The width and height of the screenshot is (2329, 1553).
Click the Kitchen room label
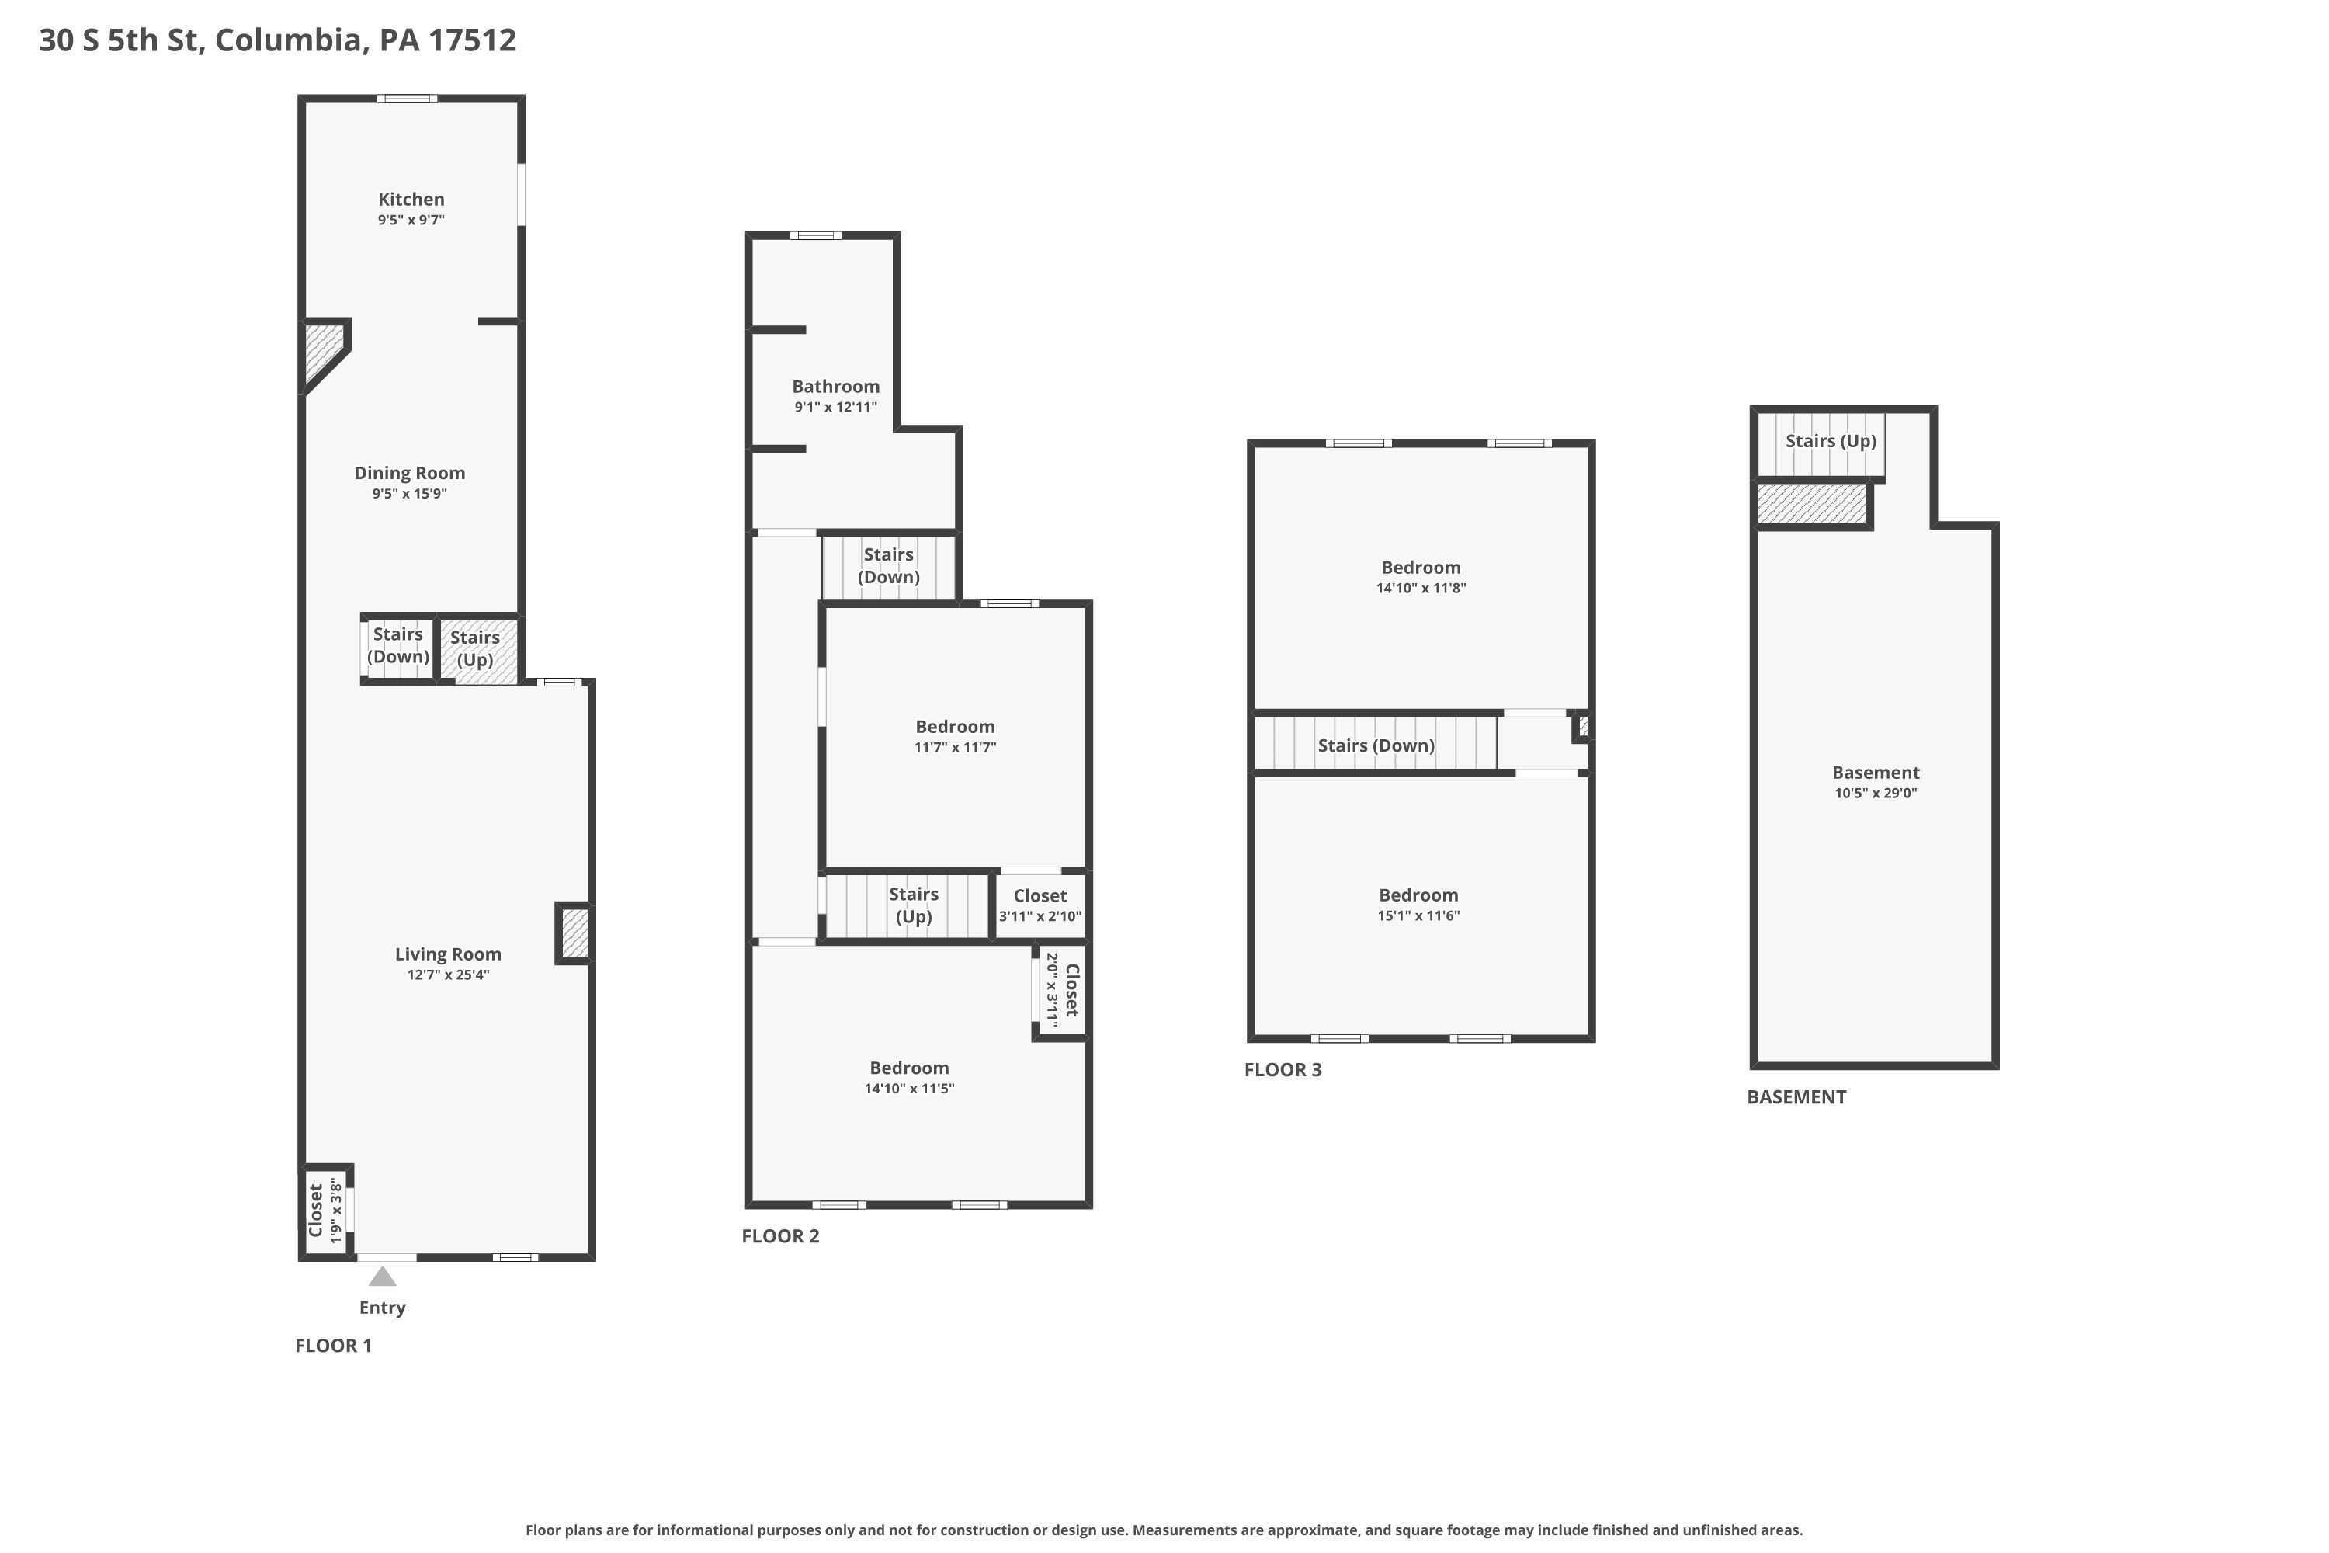(x=411, y=199)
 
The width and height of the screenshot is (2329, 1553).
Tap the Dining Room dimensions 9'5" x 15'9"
(x=410, y=494)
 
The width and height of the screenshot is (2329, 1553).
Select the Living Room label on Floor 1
(x=448, y=954)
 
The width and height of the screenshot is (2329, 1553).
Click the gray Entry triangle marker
(x=382, y=1276)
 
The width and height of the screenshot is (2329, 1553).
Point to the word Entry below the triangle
(x=382, y=1308)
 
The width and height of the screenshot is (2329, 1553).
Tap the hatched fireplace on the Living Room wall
(x=574, y=933)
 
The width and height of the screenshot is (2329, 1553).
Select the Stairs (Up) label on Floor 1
(x=475, y=648)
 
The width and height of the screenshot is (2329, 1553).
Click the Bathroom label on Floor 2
(x=836, y=386)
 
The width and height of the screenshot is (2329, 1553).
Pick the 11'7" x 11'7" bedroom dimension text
(x=955, y=748)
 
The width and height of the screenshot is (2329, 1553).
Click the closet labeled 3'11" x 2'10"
(x=1040, y=905)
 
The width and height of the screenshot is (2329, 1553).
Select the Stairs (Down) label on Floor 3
(x=1376, y=745)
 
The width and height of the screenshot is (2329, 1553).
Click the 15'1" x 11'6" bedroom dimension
(x=1418, y=916)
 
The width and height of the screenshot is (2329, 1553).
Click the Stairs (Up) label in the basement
(x=1831, y=442)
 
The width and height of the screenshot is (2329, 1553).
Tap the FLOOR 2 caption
(x=780, y=1236)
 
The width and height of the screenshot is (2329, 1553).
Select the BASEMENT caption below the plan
(x=1796, y=1097)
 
